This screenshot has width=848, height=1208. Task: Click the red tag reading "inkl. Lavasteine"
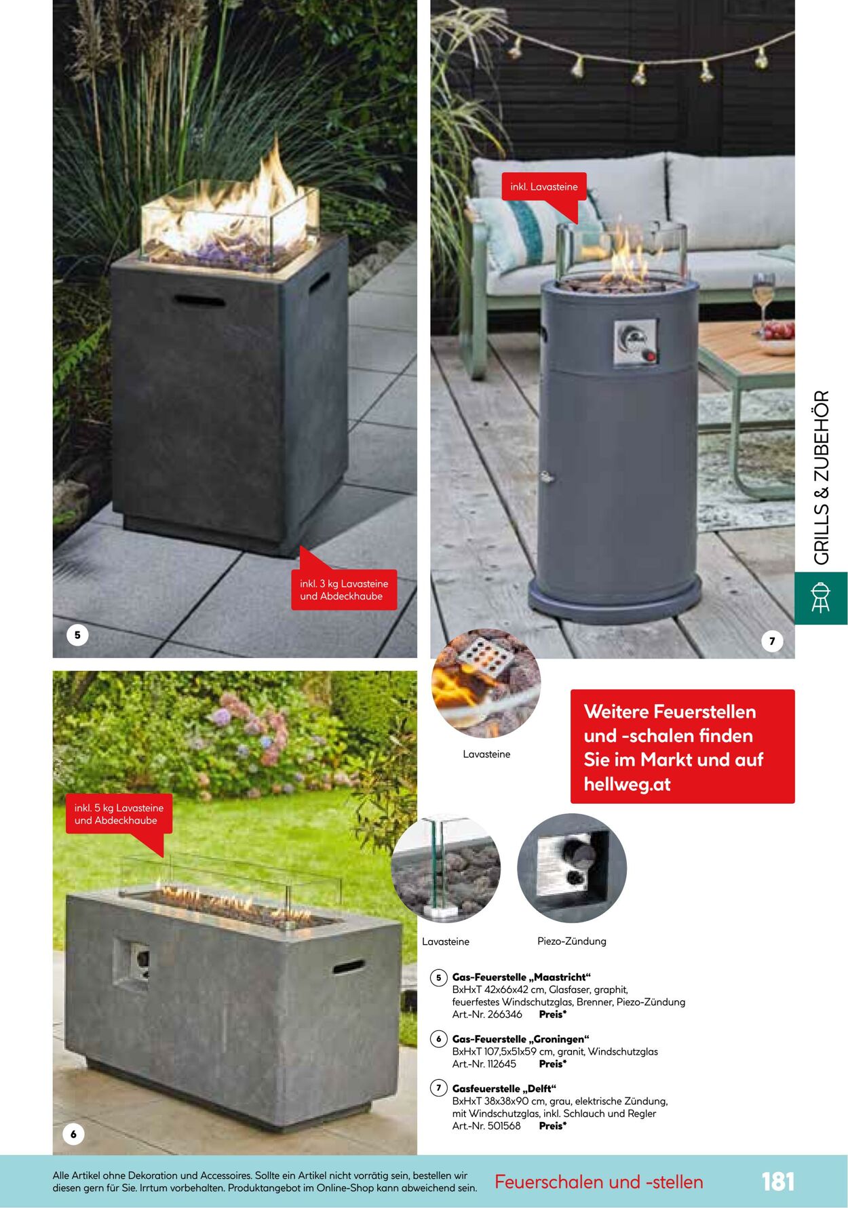(544, 187)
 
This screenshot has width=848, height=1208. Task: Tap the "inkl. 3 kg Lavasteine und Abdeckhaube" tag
(344, 589)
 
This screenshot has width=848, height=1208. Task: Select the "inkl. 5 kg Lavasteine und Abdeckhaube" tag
(119, 814)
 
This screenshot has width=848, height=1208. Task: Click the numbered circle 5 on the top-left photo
(77, 635)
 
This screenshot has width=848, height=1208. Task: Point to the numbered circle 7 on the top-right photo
(772, 641)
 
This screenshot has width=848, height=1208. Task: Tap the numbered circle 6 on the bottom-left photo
(73, 1134)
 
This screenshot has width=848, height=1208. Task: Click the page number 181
(777, 1182)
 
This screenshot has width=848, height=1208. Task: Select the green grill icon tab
(821, 598)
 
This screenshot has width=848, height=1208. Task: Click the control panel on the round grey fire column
(636, 343)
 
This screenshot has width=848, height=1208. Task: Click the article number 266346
(505, 1015)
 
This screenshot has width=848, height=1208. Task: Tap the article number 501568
(504, 1126)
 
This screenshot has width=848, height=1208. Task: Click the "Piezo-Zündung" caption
(572, 941)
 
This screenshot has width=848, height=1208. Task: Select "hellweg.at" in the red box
(627, 785)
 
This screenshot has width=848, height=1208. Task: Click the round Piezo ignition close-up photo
(572, 868)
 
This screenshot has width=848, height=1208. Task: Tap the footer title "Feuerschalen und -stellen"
(599, 1182)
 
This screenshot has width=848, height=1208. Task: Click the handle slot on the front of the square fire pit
(199, 300)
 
